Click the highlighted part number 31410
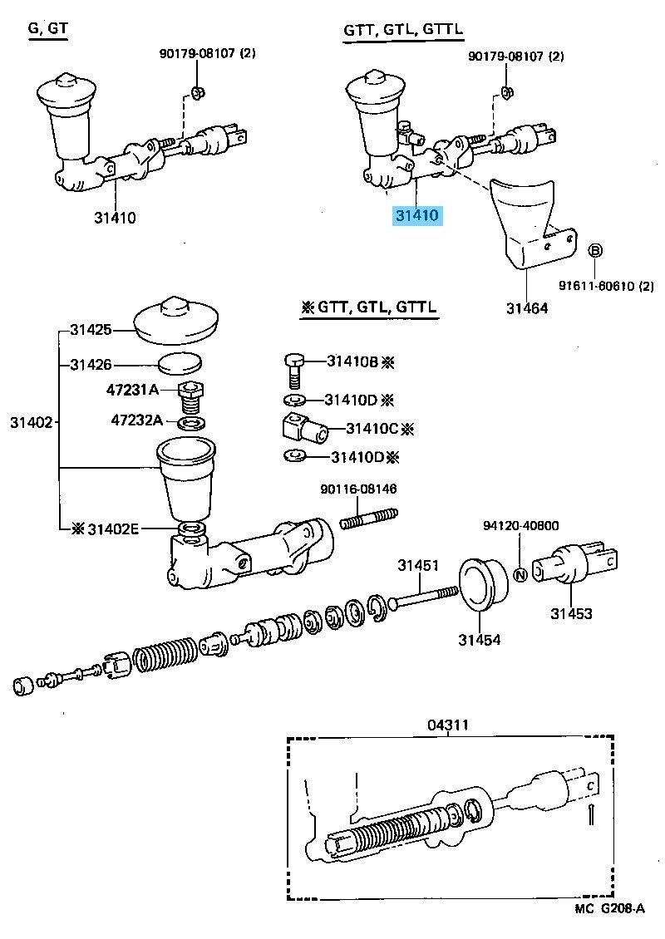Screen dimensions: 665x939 tap(417, 215)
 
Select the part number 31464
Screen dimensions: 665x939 tap(527, 308)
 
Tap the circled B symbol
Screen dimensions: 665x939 tap(595, 251)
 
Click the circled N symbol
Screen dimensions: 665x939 tap(520, 574)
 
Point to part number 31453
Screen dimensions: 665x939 tap(572, 613)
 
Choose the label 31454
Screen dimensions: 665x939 tap(480, 640)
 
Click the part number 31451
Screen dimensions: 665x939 tap(418, 565)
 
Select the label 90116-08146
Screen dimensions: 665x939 tap(358, 489)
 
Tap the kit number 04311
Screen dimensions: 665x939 tap(448, 725)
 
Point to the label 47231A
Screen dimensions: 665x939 tap(132, 390)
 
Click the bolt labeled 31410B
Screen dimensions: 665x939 tap(293, 371)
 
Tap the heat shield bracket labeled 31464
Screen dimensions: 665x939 tap(531, 224)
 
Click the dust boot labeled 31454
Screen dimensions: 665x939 tap(484, 584)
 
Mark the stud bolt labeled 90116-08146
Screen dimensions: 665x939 tap(369, 518)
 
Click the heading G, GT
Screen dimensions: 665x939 tap(48, 28)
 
